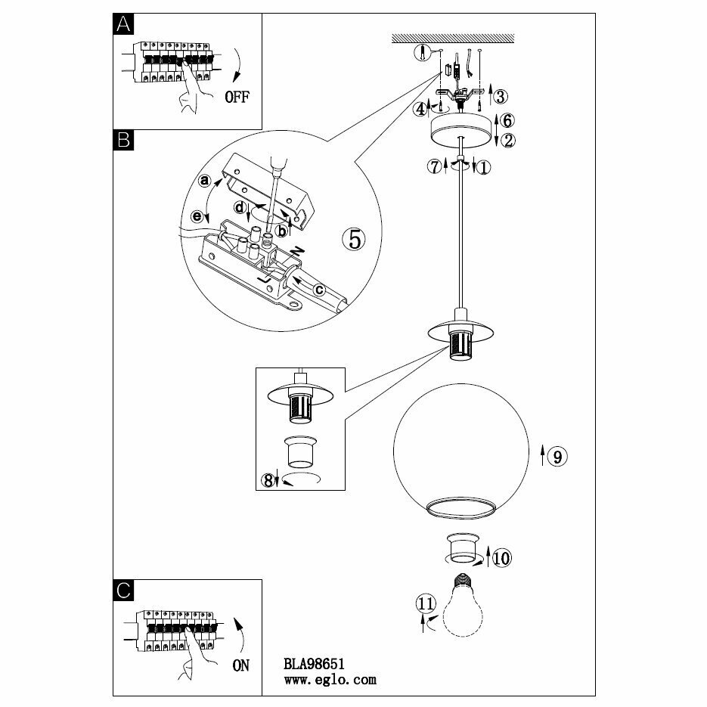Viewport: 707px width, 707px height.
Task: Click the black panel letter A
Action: point(123,25)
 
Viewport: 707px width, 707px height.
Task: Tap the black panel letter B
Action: point(123,140)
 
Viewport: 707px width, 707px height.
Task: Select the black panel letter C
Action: point(123,590)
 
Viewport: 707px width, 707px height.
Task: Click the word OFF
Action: point(236,98)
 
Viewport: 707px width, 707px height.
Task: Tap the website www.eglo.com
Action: point(329,679)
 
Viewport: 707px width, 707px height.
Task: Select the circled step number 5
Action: point(354,239)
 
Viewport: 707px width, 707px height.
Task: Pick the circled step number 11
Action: point(426,603)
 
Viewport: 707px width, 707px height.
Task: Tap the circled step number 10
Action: point(501,558)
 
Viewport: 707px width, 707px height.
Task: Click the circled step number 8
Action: point(268,479)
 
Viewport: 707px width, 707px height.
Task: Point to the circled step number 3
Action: point(500,96)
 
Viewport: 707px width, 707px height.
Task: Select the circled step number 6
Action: point(507,120)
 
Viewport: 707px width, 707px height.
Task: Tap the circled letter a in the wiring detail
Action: point(203,181)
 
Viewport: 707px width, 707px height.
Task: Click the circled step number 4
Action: point(420,109)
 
